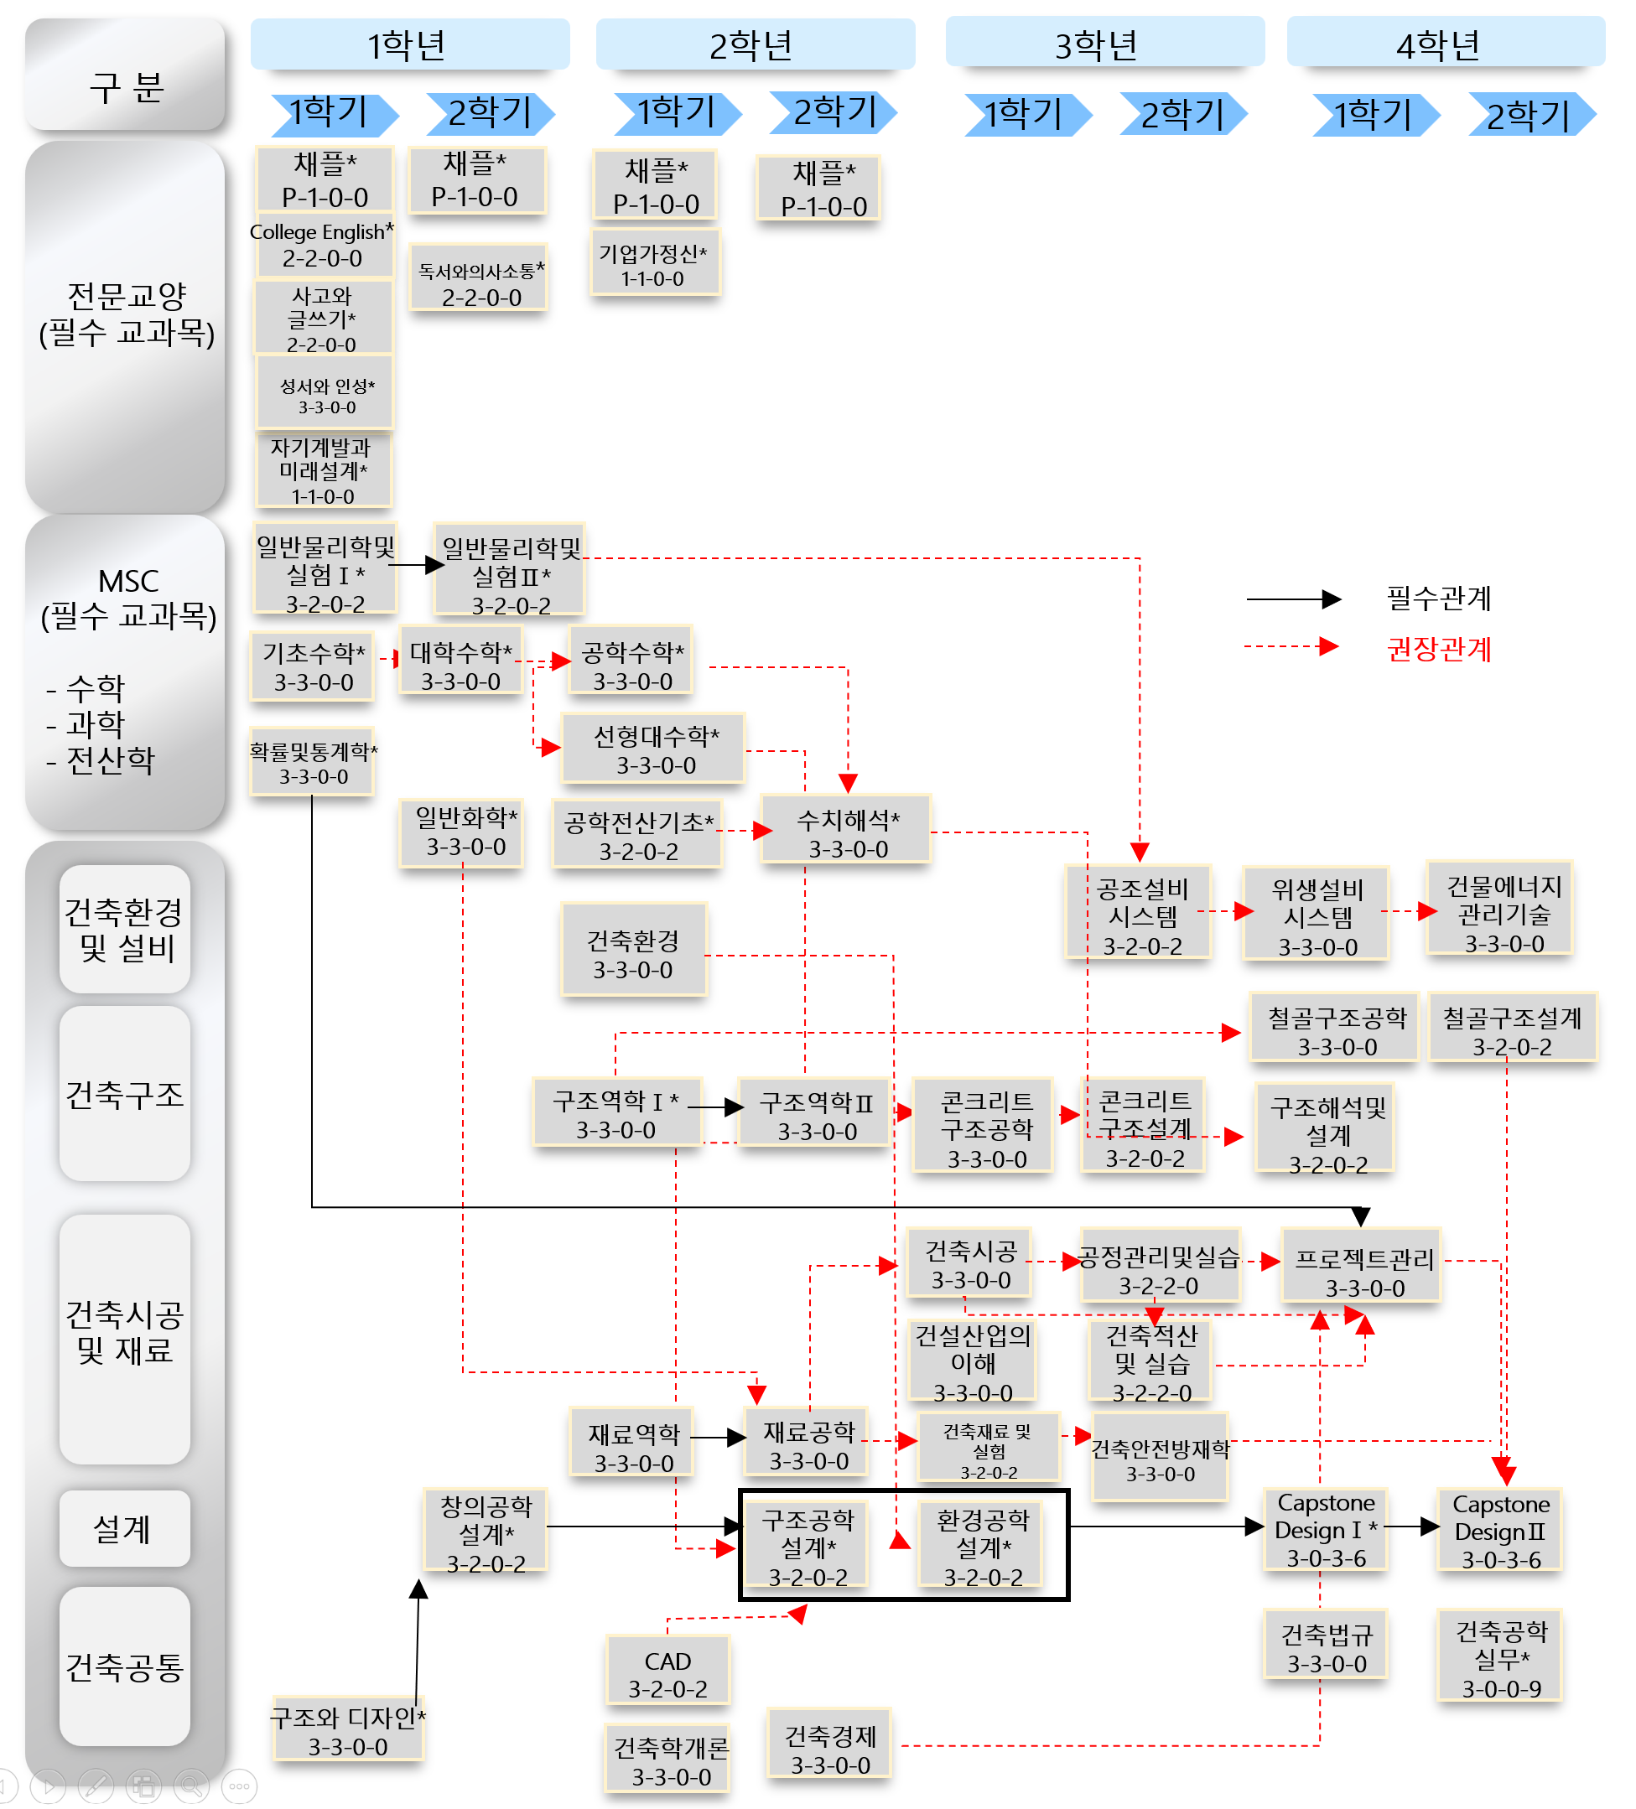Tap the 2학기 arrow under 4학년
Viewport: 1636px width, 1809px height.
pos(1530,114)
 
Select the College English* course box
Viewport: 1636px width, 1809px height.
pos(322,245)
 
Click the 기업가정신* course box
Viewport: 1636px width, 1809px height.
pos(654,264)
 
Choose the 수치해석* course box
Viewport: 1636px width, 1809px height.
pos(846,832)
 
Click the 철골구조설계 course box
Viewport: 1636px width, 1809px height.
pos(1511,1031)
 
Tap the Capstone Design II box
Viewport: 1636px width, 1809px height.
pos(1500,1530)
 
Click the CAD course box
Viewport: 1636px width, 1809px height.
pos(667,1673)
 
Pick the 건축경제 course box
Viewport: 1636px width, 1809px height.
pos(830,1749)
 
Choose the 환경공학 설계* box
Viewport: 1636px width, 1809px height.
pos(983,1546)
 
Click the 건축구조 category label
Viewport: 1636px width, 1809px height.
pos(125,1095)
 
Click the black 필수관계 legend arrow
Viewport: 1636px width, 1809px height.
pos(1293,599)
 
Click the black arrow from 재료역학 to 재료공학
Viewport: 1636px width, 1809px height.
pos(718,1438)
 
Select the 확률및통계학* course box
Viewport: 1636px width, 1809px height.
pos(312,763)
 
